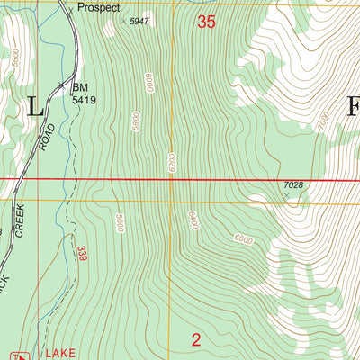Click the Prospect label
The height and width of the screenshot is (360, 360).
[98, 7]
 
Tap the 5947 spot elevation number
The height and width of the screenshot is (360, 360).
[138, 20]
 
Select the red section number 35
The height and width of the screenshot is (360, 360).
[206, 22]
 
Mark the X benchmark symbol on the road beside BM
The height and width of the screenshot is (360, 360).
[70, 87]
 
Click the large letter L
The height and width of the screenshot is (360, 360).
[35, 107]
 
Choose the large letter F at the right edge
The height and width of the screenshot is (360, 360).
[352, 106]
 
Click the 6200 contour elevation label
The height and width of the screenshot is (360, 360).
[169, 164]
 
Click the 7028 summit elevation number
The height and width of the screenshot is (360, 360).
[292, 184]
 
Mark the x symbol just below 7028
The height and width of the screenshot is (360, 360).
[288, 193]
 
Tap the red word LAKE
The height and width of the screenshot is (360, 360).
[52, 354]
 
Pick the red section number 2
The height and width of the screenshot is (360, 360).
[196, 339]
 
